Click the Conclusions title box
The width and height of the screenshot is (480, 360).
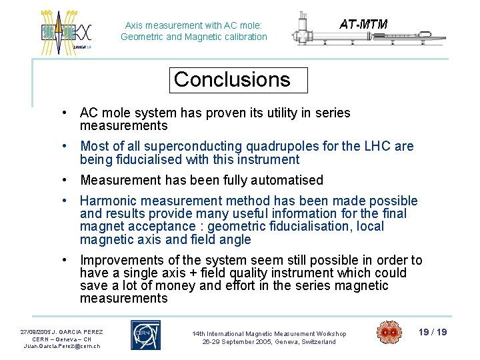coord(238,80)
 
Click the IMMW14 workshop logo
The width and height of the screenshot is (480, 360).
coord(65,30)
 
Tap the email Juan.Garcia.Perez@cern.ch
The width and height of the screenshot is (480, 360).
coord(61,346)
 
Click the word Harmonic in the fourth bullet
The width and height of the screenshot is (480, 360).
coord(107,201)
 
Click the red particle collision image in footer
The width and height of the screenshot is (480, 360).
coord(389,333)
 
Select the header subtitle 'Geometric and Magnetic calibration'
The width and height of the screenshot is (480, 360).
coord(193,37)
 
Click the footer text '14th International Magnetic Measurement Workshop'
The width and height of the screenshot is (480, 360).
coord(269,333)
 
